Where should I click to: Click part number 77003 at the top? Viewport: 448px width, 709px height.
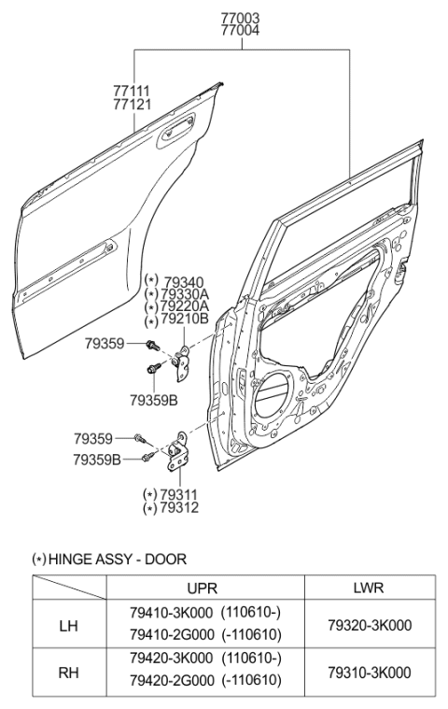click(240, 18)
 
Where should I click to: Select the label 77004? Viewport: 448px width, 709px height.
click(240, 30)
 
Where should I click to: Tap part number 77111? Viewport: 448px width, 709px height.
click(132, 91)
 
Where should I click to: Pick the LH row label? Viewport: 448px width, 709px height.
click(69, 626)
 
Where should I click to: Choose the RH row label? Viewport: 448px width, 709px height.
click(69, 672)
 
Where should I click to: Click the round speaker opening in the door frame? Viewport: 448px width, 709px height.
click(277, 390)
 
